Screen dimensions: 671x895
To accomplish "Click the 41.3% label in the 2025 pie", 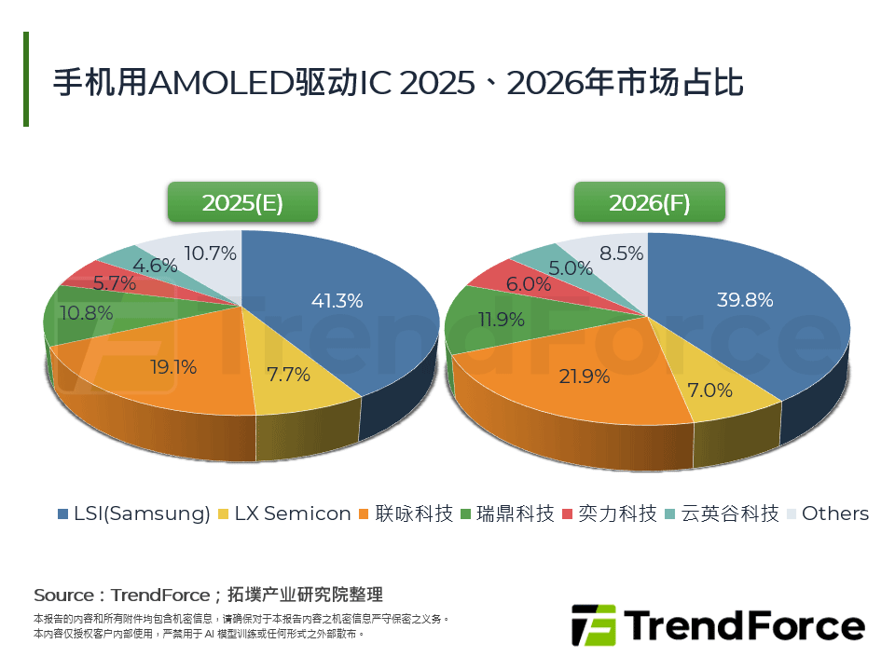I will [337, 301].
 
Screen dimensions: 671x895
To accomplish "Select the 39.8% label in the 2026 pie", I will [744, 300].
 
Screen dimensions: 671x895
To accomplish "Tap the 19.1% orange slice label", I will [173, 367].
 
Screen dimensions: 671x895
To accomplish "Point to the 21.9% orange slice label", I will [585, 377].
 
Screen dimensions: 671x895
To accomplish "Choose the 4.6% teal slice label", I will [155, 265].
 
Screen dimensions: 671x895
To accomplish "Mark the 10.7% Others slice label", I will [211, 253].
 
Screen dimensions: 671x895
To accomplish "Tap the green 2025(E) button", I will [242, 202].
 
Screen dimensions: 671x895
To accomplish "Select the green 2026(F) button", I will [650, 202].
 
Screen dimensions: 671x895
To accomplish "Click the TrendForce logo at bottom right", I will [718, 624].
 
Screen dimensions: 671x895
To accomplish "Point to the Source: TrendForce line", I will [208, 595].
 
